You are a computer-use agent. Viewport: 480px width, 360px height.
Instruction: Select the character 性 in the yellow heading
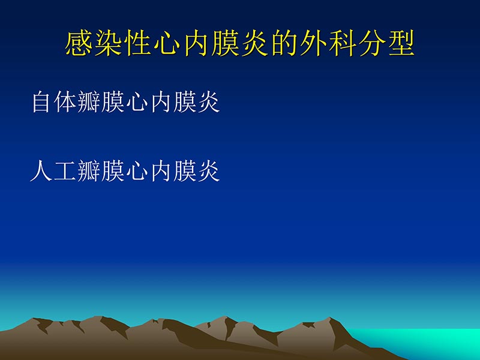click(138, 44)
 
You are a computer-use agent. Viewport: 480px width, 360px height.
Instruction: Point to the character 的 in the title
click(284, 44)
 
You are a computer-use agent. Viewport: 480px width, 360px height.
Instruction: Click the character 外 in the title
click(313, 44)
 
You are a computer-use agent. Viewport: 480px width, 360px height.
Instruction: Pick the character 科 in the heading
click(342, 44)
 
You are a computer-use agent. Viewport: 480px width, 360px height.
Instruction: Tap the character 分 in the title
click(371, 44)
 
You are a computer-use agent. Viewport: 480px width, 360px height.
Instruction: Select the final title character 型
click(400, 44)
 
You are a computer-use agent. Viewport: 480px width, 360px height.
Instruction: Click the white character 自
click(41, 103)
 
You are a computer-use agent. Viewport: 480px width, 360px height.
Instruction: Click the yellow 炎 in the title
click(254, 44)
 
